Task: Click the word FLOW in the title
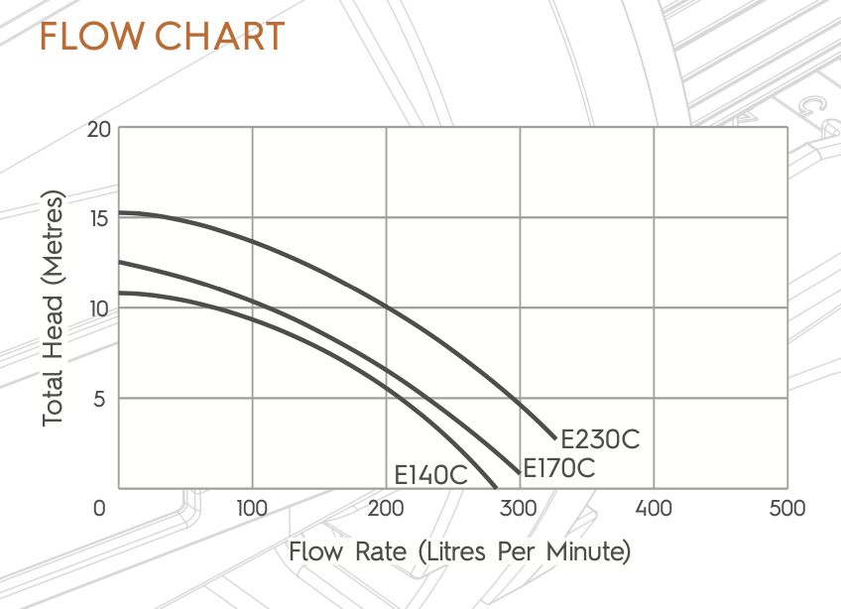point(87,37)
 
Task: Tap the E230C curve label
point(601,438)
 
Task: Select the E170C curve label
point(559,468)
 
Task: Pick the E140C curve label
point(430,475)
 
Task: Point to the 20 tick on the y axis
point(97,130)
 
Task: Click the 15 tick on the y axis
point(98,219)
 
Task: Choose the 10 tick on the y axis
point(97,308)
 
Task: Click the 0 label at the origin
point(99,509)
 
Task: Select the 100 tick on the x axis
point(252,509)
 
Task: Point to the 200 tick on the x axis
point(386,509)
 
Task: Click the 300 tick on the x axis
point(520,509)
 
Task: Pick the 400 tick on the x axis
point(654,509)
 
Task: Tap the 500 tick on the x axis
point(786,509)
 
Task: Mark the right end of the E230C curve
point(555,436)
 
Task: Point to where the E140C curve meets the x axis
point(495,487)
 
